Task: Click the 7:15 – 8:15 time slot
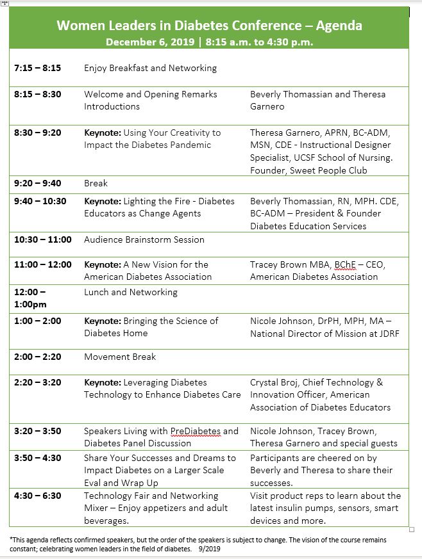tap(37, 68)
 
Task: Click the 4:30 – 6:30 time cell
tap(37, 496)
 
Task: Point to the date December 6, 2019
tap(151, 42)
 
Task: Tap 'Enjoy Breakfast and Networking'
tap(150, 68)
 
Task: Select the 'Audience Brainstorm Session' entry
tap(144, 239)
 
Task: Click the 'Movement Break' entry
tap(120, 357)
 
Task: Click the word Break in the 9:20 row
tap(96, 183)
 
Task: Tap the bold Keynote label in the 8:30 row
tap(102, 133)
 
